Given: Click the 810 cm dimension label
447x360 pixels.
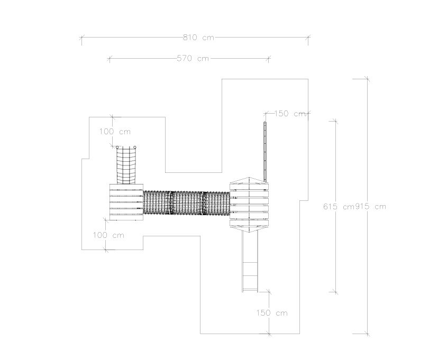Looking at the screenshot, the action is [198, 38].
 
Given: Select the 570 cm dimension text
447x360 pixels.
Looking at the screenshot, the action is [193, 58].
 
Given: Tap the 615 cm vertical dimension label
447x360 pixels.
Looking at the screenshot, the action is [339, 206].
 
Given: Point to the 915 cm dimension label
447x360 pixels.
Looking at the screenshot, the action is [370, 206].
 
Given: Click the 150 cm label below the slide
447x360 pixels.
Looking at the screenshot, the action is [272, 313].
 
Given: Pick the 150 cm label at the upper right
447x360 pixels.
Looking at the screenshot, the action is [290, 114].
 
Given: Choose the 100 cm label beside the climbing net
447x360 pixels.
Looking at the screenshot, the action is [115, 132].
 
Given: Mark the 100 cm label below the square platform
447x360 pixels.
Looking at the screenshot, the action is [108, 235].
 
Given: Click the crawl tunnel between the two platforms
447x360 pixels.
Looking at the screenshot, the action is [186, 204].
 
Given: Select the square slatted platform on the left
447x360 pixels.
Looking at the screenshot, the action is [126, 202].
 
